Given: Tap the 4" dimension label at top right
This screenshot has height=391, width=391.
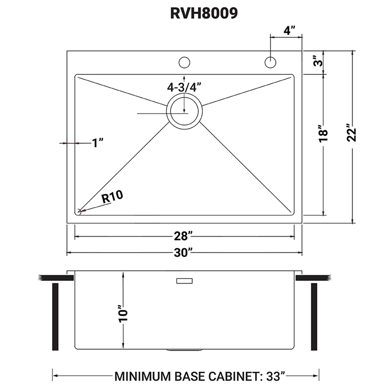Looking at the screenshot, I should (x=289, y=30).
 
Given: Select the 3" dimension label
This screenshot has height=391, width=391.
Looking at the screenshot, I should (x=319, y=62).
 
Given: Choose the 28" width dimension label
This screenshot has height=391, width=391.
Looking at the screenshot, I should (x=184, y=237).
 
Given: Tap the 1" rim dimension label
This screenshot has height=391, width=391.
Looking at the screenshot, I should (x=97, y=143).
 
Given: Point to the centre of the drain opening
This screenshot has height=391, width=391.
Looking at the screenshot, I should (x=185, y=111).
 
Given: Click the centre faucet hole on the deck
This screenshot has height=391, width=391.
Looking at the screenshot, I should (x=184, y=62).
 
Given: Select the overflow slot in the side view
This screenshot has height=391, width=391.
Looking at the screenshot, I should (x=185, y=281).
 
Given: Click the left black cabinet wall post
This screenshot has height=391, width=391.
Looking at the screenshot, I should (x=55, y=317).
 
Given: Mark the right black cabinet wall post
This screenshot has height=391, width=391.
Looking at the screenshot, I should (x=314, y=317).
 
